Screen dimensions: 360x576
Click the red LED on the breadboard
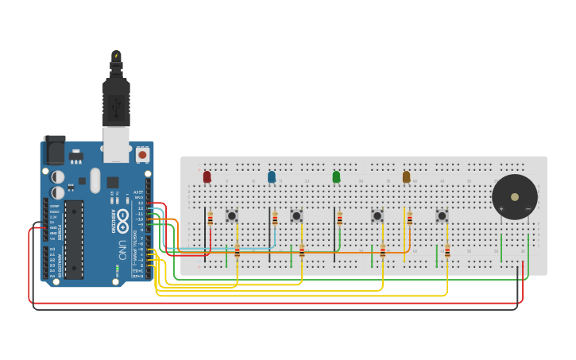pos(207,176)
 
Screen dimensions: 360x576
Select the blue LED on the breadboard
pos(272,176)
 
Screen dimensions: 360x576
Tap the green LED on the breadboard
pos(336,176)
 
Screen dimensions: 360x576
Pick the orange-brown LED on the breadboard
pos(406,176)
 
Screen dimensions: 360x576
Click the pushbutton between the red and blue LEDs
pos(231,215)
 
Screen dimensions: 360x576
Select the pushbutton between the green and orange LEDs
pos(377,215)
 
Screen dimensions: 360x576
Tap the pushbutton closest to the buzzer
pos(442,215)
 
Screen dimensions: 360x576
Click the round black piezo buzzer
pos(514,197)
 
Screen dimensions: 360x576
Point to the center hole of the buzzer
pos(515,197)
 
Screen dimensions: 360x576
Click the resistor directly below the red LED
pos(211,219)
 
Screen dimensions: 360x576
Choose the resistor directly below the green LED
pos(340,219)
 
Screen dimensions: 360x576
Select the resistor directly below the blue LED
pos(275,219)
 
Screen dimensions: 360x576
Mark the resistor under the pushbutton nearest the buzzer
pos(447,252)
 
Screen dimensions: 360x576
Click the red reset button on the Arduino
pos(142,155)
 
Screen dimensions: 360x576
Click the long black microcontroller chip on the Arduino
pos(74,239)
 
